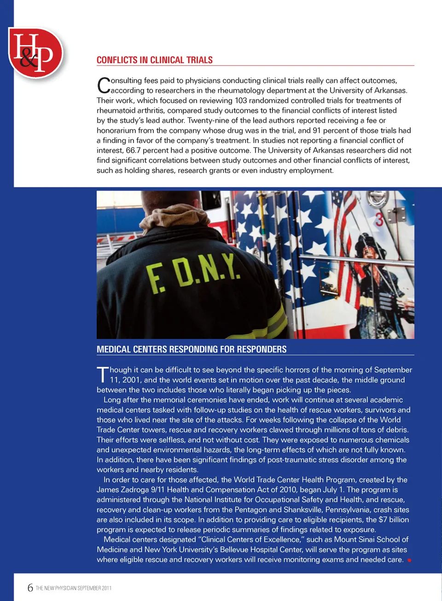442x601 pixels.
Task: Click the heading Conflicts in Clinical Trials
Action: [154, 60]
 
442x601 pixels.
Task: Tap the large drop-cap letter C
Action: [104, 85]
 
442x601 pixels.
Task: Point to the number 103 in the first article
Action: [241, 100]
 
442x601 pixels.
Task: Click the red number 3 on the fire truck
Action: [379, 219]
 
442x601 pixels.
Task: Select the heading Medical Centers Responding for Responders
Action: [192, 349]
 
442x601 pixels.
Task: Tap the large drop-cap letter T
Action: [102, 374]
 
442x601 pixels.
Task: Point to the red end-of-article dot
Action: [409, 560]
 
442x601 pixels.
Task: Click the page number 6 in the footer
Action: [30, 588]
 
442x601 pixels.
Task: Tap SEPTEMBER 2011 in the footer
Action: [94, 588]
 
